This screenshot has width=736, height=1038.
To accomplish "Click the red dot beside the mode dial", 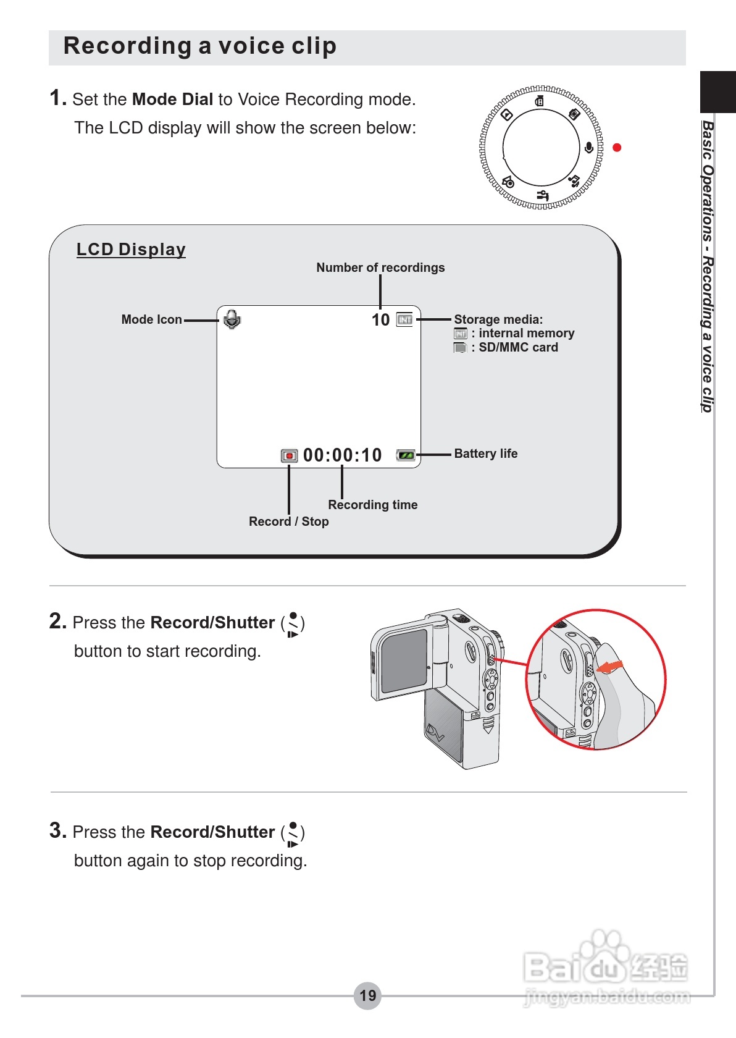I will click(616, 148).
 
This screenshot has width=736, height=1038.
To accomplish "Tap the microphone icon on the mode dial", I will click(589, 148).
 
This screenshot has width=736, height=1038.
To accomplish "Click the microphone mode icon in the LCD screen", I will click(232, 319).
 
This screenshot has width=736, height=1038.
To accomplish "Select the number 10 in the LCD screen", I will click(380, 320).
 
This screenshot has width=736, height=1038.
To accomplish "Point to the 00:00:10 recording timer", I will click(343, 455).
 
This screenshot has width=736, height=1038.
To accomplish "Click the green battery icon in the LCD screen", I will click(406, 455).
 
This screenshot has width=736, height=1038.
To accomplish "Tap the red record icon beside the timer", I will click(289, 456).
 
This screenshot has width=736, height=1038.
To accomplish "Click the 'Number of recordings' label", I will click(380, 268).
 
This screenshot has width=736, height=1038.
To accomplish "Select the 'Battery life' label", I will click(486, 454).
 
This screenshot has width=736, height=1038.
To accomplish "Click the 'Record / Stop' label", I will click(288, 521).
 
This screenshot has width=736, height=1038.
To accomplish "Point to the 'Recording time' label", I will click(372, 505).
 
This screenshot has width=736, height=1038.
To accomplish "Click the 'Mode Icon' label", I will click(151, 319).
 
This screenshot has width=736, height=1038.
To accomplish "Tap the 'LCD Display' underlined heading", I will click(131, 250).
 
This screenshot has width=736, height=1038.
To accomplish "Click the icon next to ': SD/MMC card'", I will click(460, 348).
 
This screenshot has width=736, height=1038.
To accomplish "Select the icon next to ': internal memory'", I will click(460, 334).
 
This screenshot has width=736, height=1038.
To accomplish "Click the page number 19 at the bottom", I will click(368, 995).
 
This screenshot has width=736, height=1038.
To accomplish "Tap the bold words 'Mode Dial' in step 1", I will click(172, 99).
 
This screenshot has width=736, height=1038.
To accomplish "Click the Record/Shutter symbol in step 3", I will click(293, 833).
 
